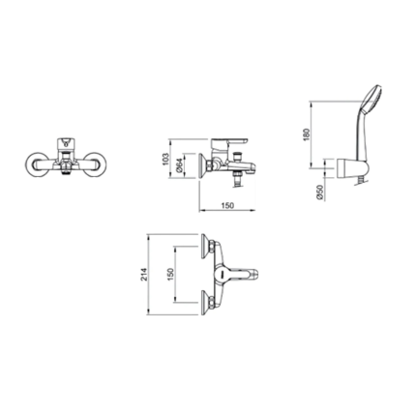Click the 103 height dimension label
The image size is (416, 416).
coord(165,159)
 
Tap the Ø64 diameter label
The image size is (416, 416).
coord(179,164)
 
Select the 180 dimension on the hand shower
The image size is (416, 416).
coord(307,134)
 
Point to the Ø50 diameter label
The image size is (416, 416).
coord(320,193)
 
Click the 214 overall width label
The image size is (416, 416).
coord(144,274)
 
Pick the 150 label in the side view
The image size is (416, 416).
coord(228,205)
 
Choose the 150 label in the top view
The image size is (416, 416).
coord(171,274)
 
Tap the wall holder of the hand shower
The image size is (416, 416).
coord(352,168)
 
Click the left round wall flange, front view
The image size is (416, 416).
coord(35,165)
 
